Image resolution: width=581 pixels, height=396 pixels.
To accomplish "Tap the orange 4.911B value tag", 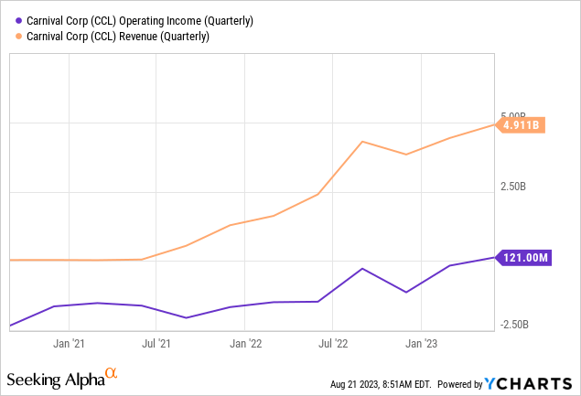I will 521,125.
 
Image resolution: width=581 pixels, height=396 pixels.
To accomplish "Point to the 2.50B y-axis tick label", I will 513,187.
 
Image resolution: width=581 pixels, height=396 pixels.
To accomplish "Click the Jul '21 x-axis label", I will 157,343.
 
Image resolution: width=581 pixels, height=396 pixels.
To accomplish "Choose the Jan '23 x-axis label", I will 421,343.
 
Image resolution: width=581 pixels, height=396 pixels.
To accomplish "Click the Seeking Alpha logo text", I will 54,380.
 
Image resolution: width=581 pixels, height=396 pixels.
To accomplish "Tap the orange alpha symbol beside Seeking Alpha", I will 112,373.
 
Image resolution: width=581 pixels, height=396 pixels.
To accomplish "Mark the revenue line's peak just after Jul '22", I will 363,142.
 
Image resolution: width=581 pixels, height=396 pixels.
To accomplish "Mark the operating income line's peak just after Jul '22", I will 363,269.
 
